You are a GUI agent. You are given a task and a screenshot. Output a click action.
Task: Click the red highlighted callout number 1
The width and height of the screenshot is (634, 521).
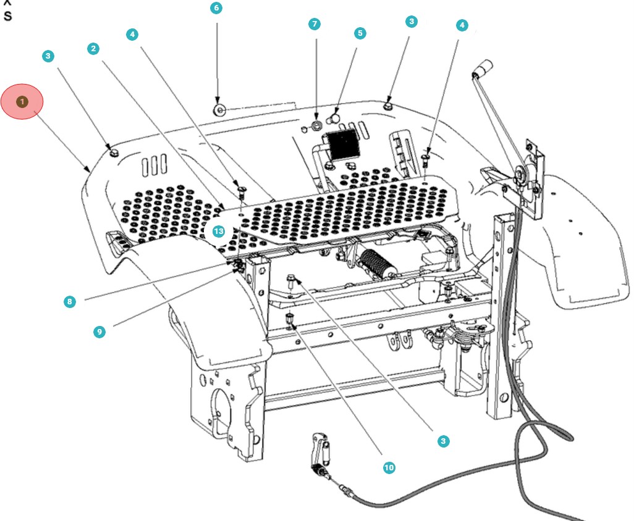click(22, 101)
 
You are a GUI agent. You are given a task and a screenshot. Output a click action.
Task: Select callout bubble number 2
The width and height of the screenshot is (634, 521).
click(93, 48)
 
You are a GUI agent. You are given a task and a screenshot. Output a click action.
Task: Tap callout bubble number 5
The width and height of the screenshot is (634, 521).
click(360, 33)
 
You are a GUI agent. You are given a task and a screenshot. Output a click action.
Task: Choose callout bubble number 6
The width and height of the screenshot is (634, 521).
click(216, 8)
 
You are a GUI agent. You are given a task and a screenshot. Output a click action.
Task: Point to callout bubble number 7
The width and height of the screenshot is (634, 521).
click(315, 24)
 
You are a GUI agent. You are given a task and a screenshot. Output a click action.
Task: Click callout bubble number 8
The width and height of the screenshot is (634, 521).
click(70, 302)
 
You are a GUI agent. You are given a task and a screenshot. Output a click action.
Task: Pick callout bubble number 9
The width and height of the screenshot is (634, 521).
click(99, 331)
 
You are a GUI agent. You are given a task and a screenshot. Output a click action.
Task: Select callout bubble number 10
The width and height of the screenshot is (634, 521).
click(389, 467)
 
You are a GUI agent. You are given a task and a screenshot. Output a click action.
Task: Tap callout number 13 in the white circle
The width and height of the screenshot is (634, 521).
click(218, 231)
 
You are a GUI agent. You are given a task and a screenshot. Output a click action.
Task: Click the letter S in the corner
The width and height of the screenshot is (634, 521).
click(7, 16)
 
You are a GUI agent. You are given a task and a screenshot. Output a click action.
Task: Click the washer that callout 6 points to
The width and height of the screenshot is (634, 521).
click(219, 110)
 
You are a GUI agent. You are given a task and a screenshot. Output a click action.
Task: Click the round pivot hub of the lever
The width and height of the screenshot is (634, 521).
click(521, 175)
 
